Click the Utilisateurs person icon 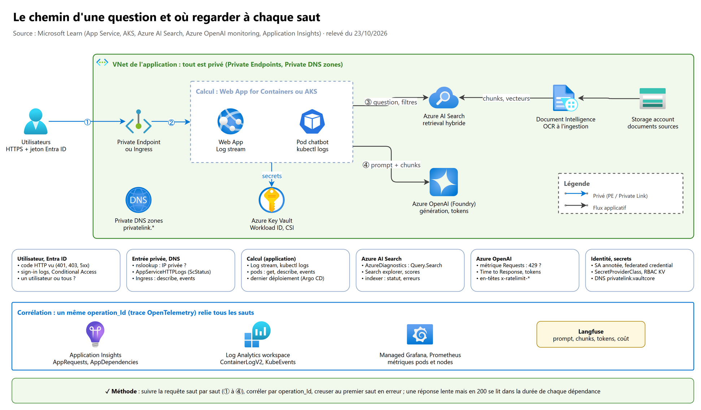tap(36, 121)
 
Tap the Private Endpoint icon tap(139, 121)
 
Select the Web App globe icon tap(231, 121)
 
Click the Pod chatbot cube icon tap(312, 121)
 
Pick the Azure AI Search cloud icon tap(444, 98)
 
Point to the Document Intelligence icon tap(565, 98)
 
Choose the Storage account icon tap(653, 98)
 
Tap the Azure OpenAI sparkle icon tap(444, 182)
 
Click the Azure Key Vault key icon tap(272, 200)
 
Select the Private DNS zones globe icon tap(139, 200)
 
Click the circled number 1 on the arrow tap(87, 122)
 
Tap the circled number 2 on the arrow tap(171, 123)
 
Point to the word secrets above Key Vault tap(272, 176)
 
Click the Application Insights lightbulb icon tap(95, 334)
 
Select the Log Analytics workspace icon tap(258, 334)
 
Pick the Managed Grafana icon tap(420, 334)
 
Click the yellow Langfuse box tap(591, 334)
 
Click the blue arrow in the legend tap(576, 193)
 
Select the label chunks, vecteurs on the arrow tap(506, 98)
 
